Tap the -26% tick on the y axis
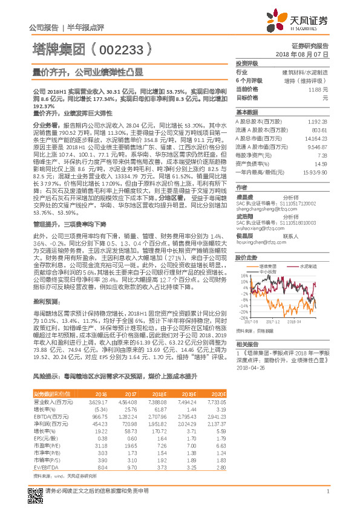tap(242, 317)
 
